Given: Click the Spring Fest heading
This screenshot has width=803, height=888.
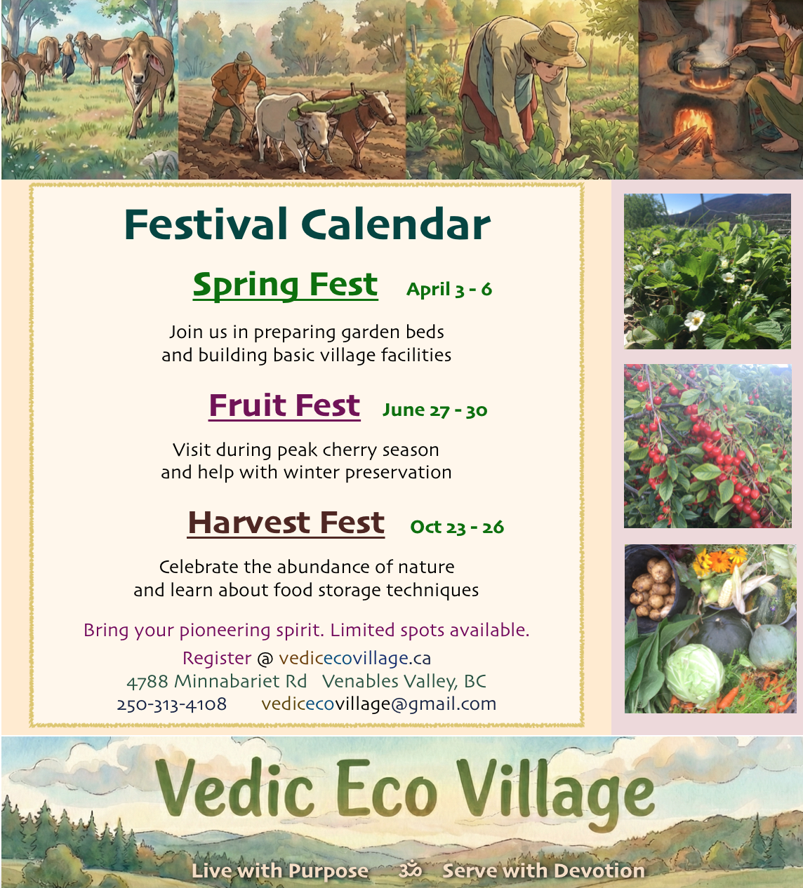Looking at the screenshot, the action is (x=286, y=285).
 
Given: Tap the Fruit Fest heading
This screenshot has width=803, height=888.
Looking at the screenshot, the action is (x=284, y=405).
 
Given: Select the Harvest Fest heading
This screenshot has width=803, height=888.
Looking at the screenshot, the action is (x=286, y=523).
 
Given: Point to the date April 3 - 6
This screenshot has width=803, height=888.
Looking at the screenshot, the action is (x=449, y=290).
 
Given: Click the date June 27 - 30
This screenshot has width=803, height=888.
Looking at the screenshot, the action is (x=435, y=410).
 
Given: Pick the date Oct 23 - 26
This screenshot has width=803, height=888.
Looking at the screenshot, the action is (x=457, y=527).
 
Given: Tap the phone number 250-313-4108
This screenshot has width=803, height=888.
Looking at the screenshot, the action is (x=171, y=704).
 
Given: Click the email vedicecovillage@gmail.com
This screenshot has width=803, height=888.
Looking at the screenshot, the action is (x=379, y=704).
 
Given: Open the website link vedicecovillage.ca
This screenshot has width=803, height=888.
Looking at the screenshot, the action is (x=354, y=658).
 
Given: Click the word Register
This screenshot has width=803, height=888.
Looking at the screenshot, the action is (x=217, y=658).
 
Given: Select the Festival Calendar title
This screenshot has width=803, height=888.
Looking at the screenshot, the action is (x=307, y=224).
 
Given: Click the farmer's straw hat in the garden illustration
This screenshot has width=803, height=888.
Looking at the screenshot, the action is (x=553, y=44).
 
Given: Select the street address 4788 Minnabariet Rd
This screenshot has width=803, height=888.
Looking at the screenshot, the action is (x=217, y=682).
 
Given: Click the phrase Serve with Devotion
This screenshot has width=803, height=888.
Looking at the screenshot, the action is (x=543, y=870).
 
